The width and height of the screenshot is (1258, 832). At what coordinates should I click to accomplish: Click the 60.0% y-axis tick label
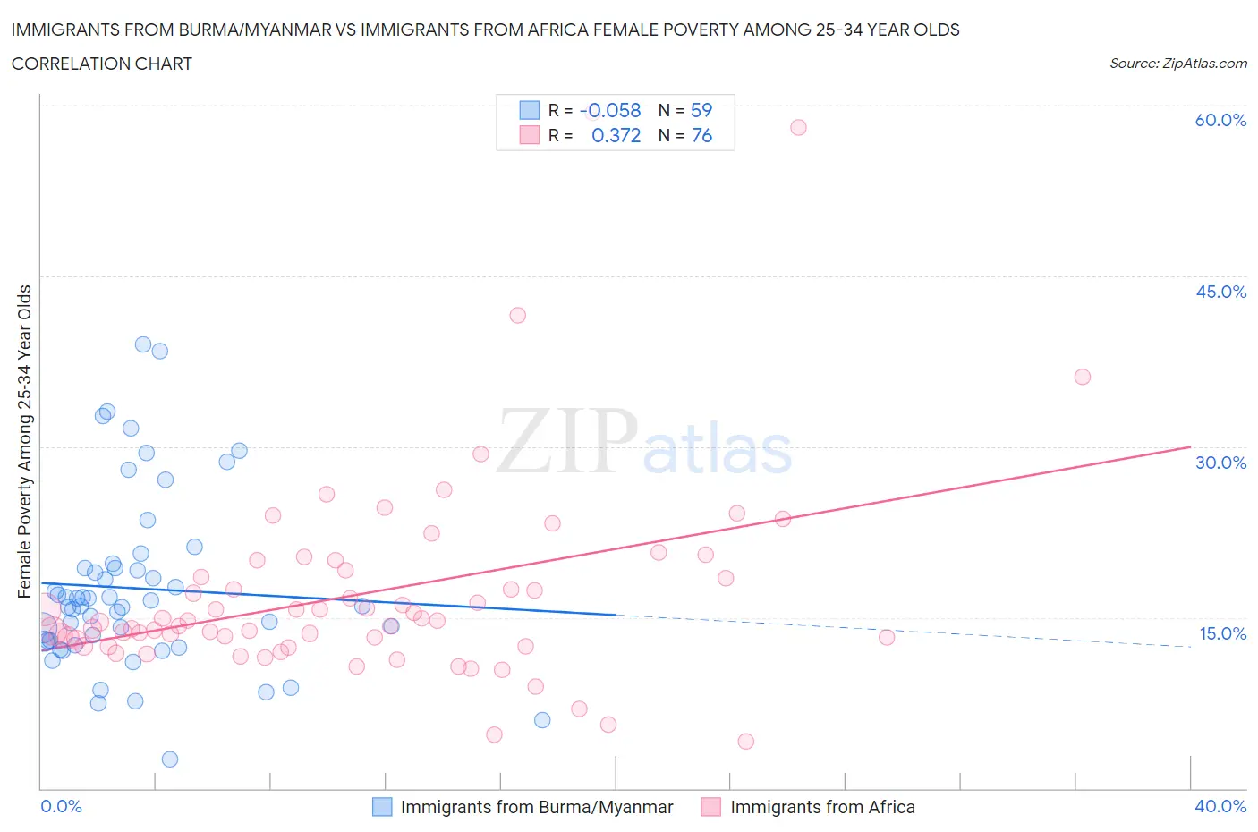(x=1220, y=120)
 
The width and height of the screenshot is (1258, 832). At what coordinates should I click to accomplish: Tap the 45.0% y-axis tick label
(x=1220, y=292)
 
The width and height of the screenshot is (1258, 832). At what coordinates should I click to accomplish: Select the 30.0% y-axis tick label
(x=1220, y=463)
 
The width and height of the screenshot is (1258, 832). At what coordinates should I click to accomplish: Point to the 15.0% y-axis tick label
(x=1222, y=633)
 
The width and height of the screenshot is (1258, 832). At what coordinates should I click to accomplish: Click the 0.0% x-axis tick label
(x=61, y=806)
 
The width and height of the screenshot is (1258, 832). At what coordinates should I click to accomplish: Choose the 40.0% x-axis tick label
(x=1220, y=806)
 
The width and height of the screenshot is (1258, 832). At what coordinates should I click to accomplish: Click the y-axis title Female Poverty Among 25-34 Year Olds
(x=24, y=441)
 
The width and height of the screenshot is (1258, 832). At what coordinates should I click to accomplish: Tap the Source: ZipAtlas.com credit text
(x=1177, y=63)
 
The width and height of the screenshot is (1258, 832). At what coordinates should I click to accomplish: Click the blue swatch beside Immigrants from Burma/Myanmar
(x=382, y=807)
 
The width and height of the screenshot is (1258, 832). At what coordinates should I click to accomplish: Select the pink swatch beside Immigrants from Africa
(x=711, y=807)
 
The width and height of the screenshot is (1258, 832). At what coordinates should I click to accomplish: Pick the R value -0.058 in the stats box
(x=612, y=110)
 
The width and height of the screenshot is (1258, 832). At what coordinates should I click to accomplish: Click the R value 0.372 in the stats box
(x=616, y=135)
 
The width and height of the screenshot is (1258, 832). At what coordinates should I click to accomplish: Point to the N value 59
(x=701, y=110)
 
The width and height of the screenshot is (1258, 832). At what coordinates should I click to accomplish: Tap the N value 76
(x=701, y=135)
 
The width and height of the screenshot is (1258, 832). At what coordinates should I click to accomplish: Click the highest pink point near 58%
(x=798, y=127)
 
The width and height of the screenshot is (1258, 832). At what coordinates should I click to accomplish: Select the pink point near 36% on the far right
(x=1082, y=377)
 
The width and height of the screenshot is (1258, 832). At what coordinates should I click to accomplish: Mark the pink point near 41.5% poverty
(x=517, y=315)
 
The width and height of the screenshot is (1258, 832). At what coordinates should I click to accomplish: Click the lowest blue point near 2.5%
(x=169, y=759)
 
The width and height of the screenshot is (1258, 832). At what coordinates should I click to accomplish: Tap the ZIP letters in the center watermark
(x=567, y=441)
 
